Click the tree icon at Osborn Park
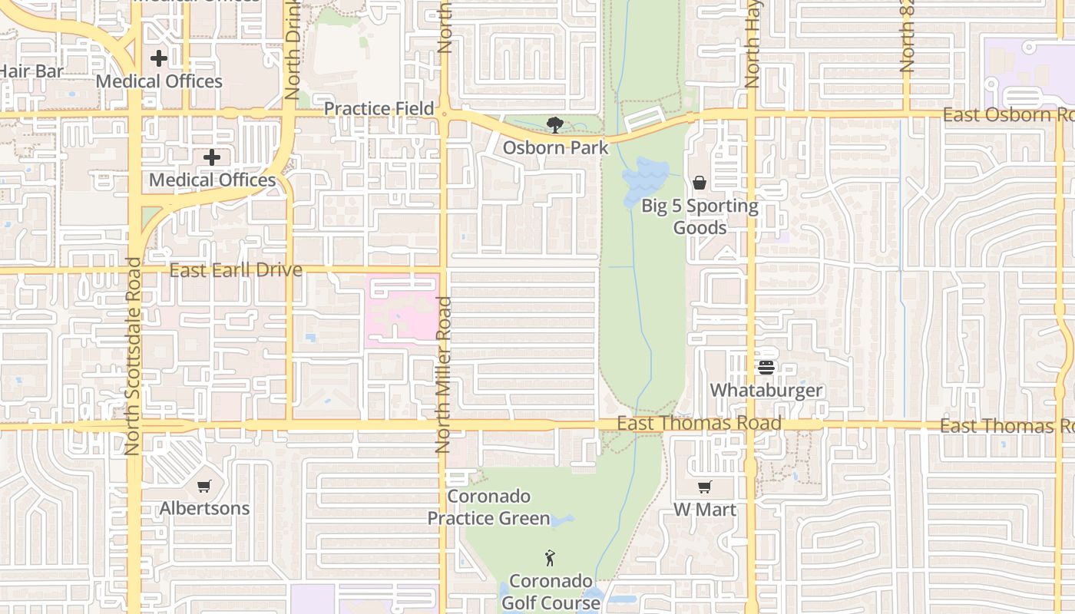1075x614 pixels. coord(554,124)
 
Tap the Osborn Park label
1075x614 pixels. coord(555,147)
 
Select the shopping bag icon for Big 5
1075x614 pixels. coord(700,183)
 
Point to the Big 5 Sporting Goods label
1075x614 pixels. coord(700,216)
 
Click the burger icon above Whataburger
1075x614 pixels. coord(766,368)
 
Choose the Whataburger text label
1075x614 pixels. coord(766,390)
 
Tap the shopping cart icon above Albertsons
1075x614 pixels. coord(204,486)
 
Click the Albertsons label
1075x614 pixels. coord(204,508)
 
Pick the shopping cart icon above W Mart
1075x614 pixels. coord(704,487)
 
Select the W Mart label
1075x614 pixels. coord(704,510)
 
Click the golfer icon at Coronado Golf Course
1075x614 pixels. coord(550,558)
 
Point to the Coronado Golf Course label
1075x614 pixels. coord(551,592)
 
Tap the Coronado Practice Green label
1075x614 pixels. coord(488,507)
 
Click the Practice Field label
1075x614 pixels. coord(379,108)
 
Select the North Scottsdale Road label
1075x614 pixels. coord(132,356)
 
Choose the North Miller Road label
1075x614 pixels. coord(442,375)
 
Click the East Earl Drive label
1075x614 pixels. coord(236,270)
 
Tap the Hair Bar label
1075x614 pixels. coord(31,71)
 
